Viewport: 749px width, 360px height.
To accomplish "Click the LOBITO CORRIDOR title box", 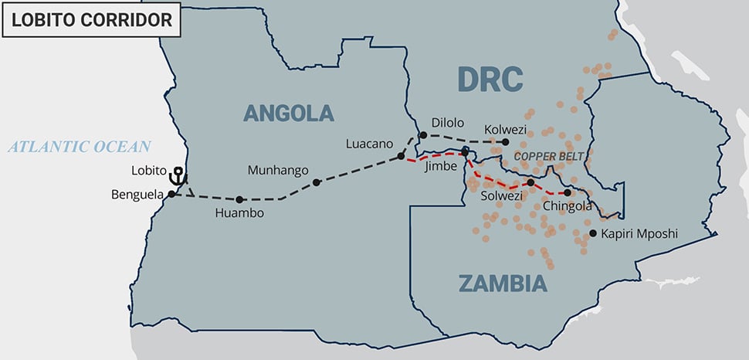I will [91, 19].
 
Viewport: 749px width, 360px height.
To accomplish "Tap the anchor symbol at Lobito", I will [178, 176].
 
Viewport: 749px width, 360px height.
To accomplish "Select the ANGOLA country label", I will [289, 113].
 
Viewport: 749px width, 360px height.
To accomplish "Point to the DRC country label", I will [490, 79].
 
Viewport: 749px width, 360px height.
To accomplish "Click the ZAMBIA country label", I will [503, 284].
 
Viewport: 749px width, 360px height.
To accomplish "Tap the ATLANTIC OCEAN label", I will [80, 146].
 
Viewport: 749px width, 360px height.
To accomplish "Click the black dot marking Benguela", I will [171, 194].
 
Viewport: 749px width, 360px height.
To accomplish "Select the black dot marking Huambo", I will [240, 199].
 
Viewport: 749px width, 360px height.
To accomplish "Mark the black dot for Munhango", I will [317, 183].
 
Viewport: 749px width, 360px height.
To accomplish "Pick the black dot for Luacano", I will [401, 156].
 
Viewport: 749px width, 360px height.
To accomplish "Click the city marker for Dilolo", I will [423, 135].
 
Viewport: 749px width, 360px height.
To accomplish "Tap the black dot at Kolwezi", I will [506, 142].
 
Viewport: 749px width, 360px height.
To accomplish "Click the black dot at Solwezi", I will [530, 182].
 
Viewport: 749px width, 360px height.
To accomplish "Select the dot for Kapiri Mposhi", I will [592, 233].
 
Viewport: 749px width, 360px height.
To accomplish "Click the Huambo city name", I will [239, 213].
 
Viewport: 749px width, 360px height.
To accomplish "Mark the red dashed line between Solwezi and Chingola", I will [549, 191].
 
